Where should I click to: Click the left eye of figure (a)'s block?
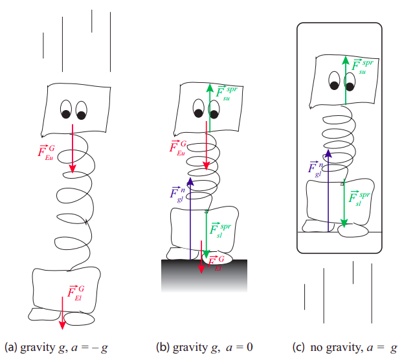click(65, 111)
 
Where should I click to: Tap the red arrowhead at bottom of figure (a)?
click(62, 323)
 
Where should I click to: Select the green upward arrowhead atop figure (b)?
click(210, 88)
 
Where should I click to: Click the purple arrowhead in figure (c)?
click(328, 153)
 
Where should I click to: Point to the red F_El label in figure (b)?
click(215, 262)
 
